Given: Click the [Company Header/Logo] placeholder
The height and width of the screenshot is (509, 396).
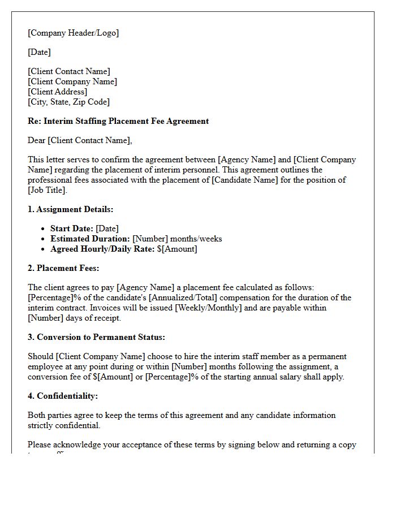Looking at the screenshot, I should pyautogui.click(x=74, y=33).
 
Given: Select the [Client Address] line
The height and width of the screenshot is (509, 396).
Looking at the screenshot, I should pyautogui.click(x=58, y=92).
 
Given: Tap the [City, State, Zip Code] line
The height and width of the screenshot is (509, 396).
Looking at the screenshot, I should pyautogui.click(x=69, y=102).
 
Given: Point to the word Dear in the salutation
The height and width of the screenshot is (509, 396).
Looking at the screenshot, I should pyautogui.click(x=37, y=140).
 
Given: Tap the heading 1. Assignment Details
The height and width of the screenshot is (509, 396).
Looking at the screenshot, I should pyautogui.click(x=71, y=209).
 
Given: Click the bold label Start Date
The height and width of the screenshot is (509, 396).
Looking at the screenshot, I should pyautogui.click(x=72, y=228).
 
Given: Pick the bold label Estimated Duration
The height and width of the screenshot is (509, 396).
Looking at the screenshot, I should pyautogui.click(x=90, y=239).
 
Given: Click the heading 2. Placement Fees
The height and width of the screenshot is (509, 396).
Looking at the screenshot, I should pyautogui.click(x=63, y=268).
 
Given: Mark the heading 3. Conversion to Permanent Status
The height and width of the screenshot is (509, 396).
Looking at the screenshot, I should pyautogui.click(x=96, y=337).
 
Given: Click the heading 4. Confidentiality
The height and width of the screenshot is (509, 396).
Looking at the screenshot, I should pyautogui.click(x=63, y=396).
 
